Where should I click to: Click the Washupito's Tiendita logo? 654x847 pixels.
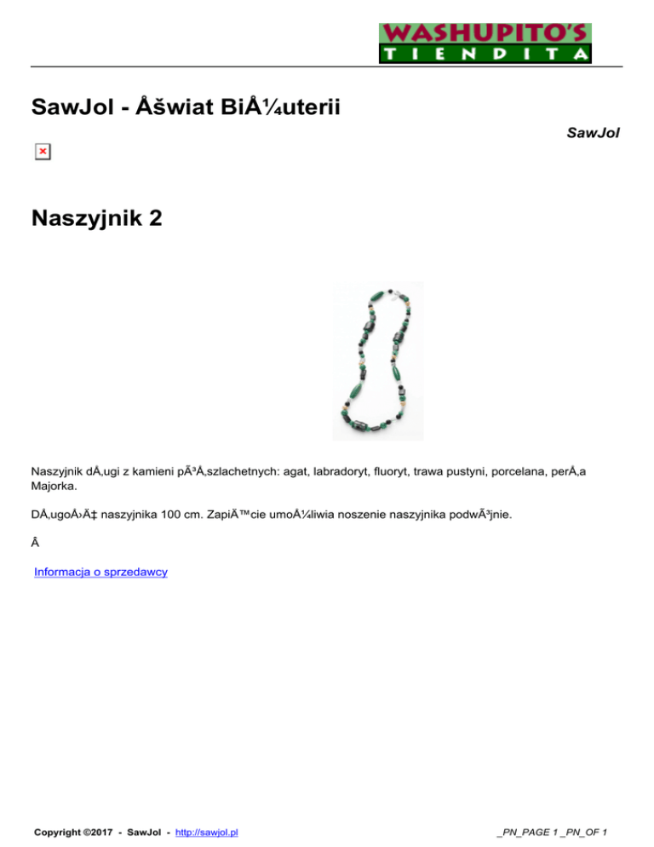point(485,43)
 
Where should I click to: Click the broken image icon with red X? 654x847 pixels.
point(42,152)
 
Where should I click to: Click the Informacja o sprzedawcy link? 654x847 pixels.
point(100,572)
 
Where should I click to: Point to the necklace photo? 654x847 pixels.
point(377,360)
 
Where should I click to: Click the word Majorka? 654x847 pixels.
point(53,487)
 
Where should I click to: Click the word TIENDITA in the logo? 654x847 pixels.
point(485,55)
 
